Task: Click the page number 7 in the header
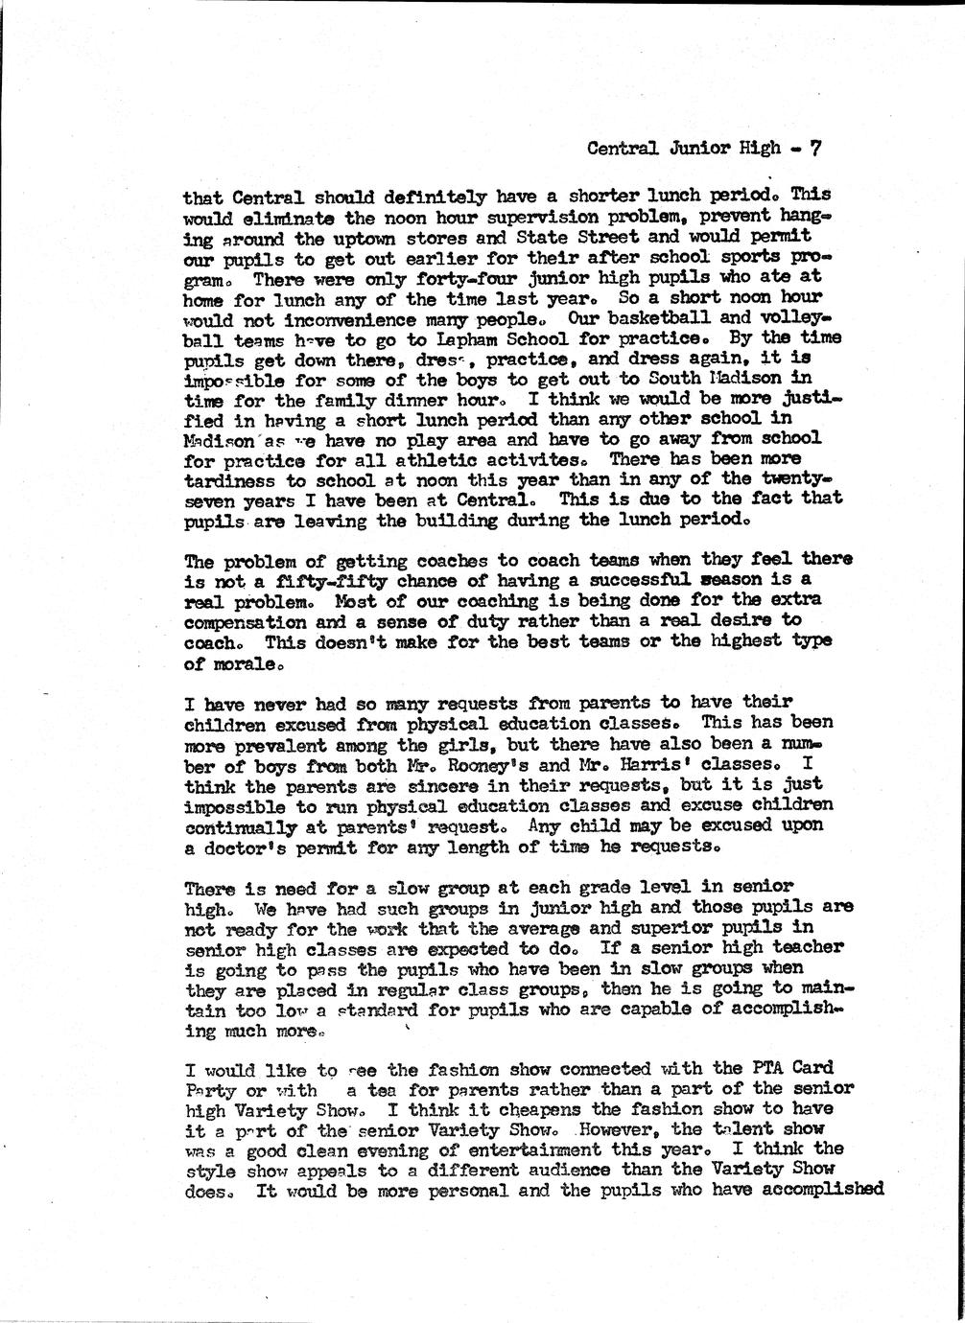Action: tap(814, 149)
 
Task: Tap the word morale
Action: tap(236, 663)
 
